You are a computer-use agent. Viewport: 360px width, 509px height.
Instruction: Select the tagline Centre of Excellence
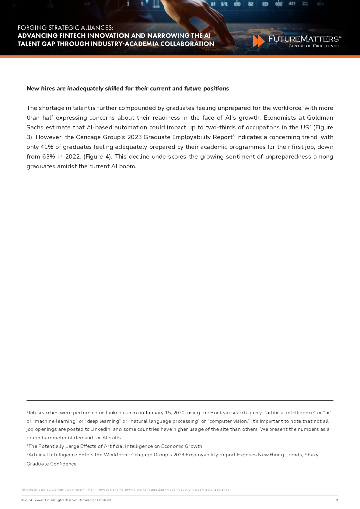(314, 46)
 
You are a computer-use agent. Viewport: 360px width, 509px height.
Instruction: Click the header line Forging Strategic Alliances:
(65, 28)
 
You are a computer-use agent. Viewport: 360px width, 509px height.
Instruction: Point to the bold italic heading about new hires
(127, 88)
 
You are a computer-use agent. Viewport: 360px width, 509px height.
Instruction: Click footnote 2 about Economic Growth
(114, 446)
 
